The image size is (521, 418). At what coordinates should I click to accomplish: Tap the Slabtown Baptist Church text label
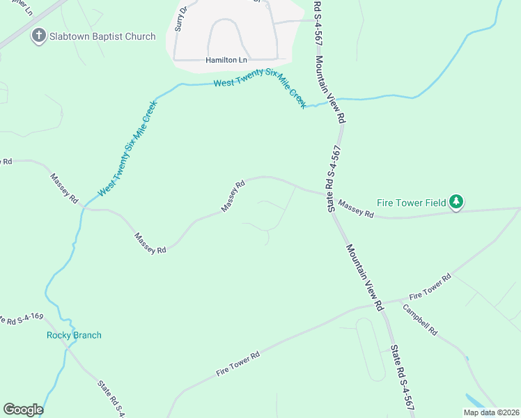click(102, 36)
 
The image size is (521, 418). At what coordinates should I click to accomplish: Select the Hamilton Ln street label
click(226, 61)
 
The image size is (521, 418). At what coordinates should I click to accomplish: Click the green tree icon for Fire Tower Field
click(456, 202)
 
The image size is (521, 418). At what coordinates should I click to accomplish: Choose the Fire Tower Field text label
click(411, 203)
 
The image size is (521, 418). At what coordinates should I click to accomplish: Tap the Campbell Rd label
click(419, 322)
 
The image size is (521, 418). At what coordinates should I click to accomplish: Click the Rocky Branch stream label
click(74, 335)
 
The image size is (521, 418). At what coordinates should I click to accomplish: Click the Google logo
click(23, 410)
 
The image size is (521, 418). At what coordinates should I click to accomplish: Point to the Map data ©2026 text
click(491, 412)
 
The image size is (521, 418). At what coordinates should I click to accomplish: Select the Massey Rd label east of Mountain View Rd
click(356, 210)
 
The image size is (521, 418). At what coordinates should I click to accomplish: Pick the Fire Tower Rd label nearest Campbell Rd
click(430, 286)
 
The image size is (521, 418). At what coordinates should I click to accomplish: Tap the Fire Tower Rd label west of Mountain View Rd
click(238, 364)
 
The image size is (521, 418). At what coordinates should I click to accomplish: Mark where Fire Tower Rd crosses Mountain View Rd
click(381, 303)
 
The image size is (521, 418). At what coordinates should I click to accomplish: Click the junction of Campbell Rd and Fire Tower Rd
click(403, 301)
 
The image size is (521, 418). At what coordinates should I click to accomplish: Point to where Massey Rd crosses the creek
click(83, 207)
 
